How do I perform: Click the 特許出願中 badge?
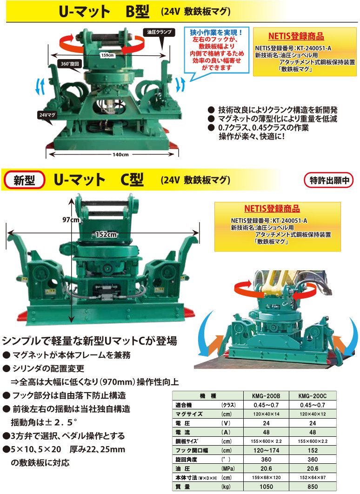pyautogui.click(x=328, y=180)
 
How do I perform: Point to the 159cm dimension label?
pyautogui.click(x=107, y=55)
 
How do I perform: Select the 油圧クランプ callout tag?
pyautogui.click(x=160, y=32)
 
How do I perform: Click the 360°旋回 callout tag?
pyautogui.click(x=71, y=63)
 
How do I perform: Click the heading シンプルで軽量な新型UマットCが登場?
pyautogui.click(x=89, y=340)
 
